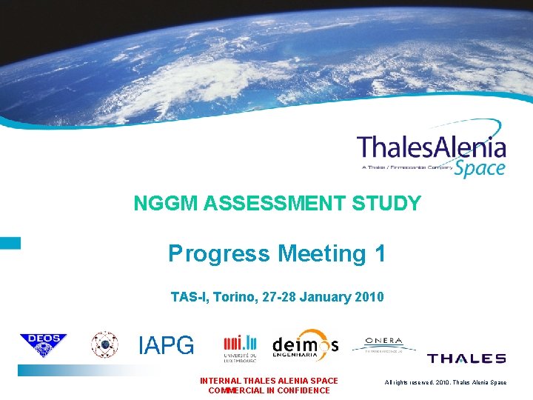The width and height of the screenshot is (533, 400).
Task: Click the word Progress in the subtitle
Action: coord(219,254)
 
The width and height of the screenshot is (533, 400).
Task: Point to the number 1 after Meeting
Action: coord(380,254)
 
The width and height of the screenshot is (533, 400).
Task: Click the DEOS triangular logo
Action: coord(43,345)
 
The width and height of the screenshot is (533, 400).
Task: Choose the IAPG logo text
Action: coord(167,345)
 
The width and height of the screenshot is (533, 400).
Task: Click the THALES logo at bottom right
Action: coord(466,359)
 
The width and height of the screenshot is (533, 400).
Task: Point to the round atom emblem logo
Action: coord(104,344)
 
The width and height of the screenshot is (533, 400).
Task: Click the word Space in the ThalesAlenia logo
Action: coord(480,167)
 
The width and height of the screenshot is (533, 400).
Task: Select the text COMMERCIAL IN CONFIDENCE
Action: coord(269,390)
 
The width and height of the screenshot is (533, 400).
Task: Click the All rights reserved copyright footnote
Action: coord(446,382)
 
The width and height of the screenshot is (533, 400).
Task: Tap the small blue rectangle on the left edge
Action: coord(10,242)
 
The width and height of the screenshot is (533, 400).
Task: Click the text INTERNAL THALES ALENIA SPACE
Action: coord(269,381)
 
